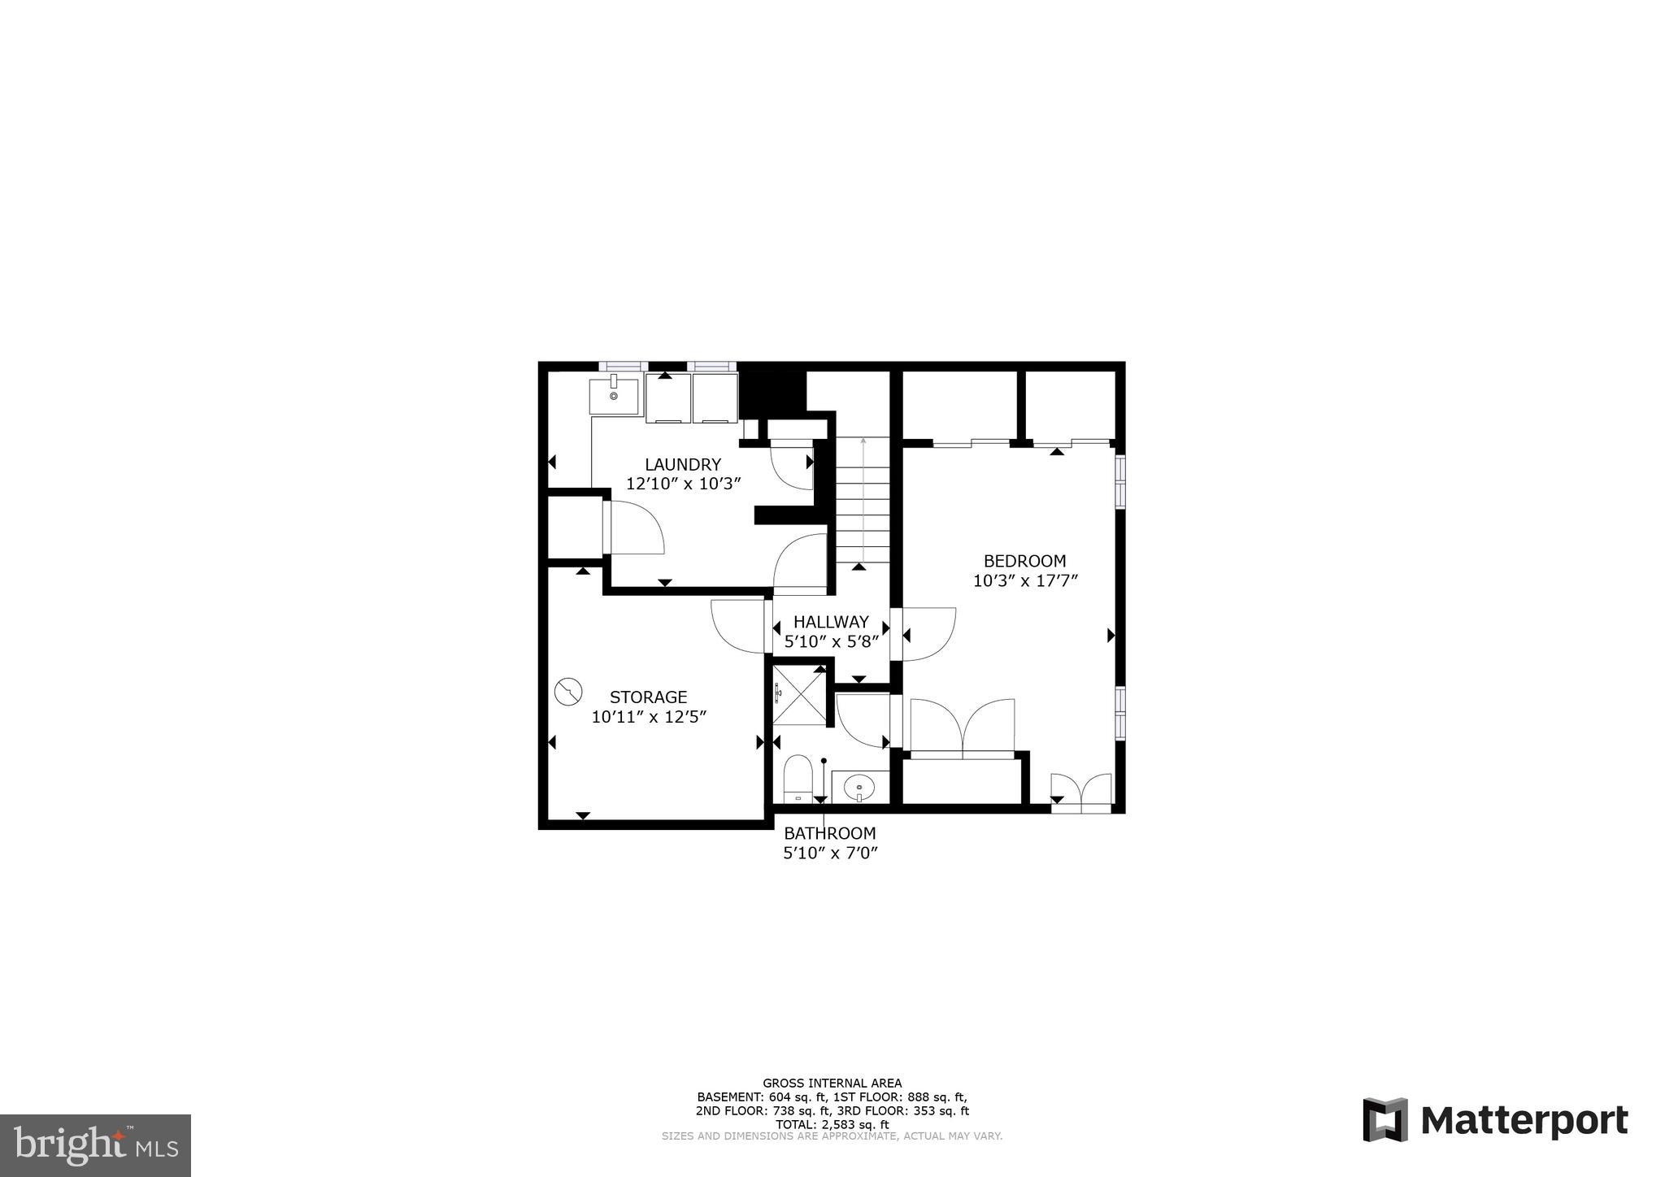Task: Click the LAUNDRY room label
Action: pos(682,464)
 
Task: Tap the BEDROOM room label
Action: pos(1024,561)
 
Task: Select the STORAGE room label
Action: pos(648,697)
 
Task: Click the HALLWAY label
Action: pos(831,622)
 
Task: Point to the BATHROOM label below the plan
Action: pos(829,833)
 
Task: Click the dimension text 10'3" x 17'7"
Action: pos(1024,581)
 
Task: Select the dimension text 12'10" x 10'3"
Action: pos(682,484)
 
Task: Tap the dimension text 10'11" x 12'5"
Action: pos(648,717)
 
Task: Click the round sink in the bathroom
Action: pos(859,786)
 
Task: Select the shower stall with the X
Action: pos(799,693)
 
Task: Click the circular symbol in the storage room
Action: pos(568,692)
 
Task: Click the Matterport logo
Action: pos(1494,1120)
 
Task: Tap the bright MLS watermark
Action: pos(95,1145)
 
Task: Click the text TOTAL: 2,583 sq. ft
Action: pos(831,1124)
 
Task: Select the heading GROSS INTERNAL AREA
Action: pos(831,1083)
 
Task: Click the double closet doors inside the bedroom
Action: pos(963,728)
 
